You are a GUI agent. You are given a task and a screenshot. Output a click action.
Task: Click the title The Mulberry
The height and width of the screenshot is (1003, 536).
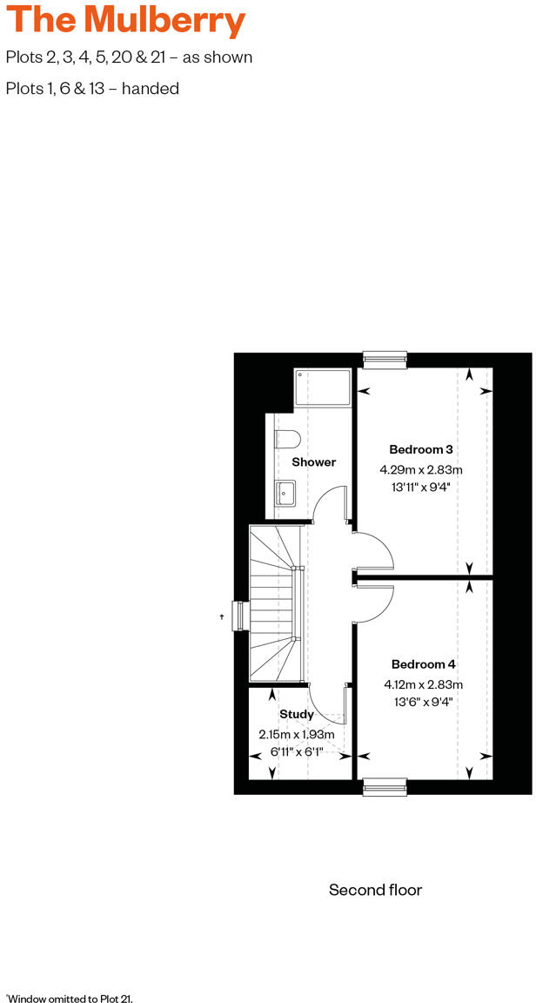click(x=125, y=21)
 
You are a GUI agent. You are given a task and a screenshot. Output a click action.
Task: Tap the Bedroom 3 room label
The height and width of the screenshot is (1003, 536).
click(x=420, y=450)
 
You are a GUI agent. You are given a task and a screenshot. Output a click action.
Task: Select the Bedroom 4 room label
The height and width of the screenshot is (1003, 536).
click(x=423, y=664)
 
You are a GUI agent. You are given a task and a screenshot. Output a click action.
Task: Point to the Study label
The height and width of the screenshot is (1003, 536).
click(x=297, y=715)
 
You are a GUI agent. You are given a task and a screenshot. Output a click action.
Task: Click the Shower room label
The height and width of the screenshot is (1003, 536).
click(x=313, y=462)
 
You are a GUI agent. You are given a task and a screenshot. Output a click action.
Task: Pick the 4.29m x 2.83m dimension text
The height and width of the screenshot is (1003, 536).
click(x=420, y=470)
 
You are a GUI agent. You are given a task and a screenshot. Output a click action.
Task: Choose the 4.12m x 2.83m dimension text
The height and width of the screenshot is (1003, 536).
click(x=423, y=684)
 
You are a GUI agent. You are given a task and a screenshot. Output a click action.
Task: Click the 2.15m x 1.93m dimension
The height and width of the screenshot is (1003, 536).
click(x=297, y=735)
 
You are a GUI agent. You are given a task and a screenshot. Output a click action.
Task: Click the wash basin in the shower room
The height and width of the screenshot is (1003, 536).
click(x=285, y=494)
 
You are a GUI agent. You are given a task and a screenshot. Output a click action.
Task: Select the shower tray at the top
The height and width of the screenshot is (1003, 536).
click(x=322, y=387)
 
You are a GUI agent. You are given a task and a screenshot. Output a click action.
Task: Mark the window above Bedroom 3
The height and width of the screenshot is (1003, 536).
click(x=385, y=358)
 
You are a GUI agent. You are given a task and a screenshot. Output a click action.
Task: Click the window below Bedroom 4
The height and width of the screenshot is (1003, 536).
click(x=385, y=787)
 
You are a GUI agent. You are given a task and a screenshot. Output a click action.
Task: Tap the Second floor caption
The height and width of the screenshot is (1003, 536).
click(x=375, y=890)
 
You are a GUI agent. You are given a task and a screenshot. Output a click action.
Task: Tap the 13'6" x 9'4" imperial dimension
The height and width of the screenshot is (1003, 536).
click(x=423, y=702)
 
